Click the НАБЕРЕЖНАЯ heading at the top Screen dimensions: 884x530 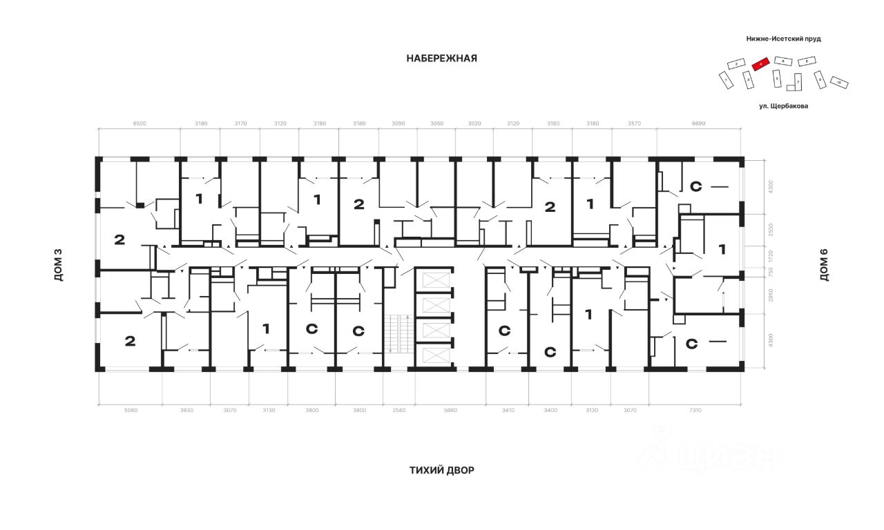point(441,59)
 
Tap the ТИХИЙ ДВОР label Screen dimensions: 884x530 point(441,471)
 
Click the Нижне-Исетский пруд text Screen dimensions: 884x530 point(784,39)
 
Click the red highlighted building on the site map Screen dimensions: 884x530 point(760,63)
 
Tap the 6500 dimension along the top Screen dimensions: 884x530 point(139,124)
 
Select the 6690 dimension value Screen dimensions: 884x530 point(699,124)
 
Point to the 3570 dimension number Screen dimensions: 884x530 point(633,124)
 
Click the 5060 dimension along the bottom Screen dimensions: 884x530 point(131,411)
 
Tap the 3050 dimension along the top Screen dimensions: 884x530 point(437,124)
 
